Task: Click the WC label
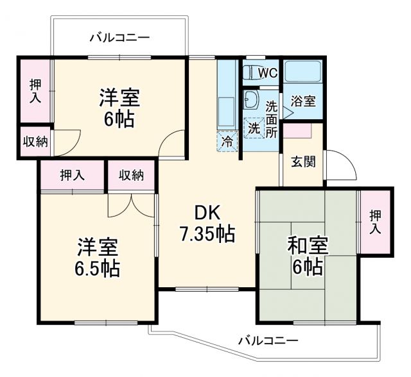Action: pos(268,73)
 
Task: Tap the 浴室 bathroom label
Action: pos(302,101)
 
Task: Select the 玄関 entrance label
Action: pos(303,161)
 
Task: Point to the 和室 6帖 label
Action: pos(308,255)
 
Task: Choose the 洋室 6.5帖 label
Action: pos(98,257)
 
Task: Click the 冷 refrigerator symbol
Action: pos(227,142)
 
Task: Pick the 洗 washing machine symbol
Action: pos(254,127)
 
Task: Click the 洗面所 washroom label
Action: pos(272,119)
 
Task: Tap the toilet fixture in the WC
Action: pos(250,72)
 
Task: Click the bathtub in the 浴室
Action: pos(302,72)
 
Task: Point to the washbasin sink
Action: pos(251,99)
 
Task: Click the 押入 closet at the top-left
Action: pos(34,91)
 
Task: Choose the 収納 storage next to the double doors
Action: pos(132,175)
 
